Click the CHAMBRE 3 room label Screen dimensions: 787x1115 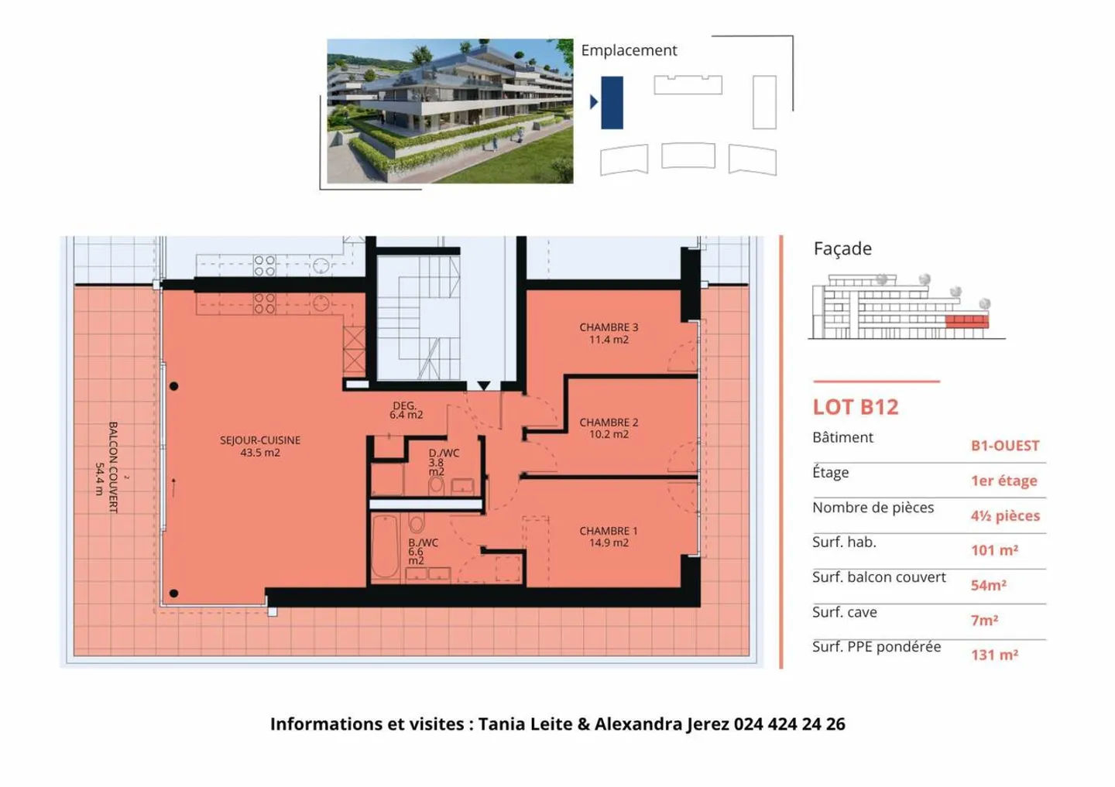(x=609, y=334)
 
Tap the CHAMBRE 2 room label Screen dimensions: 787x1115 (x=609, y=428)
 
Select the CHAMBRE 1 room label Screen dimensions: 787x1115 (x=609, y=536)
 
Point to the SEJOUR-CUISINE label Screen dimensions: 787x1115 (x=260, y=446)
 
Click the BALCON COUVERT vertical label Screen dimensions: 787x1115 (x=107, y=467)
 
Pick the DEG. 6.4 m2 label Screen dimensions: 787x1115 (x=406, y=410)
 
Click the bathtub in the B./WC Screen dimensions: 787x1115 (x=385, y=547)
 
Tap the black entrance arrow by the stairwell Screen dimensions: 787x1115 (x=484, y=385)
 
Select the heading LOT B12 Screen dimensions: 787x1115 (x=856, y=407)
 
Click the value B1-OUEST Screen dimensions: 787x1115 (x=1005, y=446)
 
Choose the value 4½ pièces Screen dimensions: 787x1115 (x=1005, y=515)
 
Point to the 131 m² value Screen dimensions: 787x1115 (x=994, y=655)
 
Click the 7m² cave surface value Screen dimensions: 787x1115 (x=984, y=620)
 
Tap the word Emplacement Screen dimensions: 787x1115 (x=629, y=50)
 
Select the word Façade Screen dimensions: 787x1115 (x=842, y=248)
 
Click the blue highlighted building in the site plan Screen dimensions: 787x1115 (x=612, y=102)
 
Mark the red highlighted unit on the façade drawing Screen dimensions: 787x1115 (x=967, y=321)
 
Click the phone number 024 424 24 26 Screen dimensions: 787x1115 (x=789, y=724)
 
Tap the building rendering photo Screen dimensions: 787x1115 (x=450, y=111)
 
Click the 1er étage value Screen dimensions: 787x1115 (x=1003, y=481)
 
